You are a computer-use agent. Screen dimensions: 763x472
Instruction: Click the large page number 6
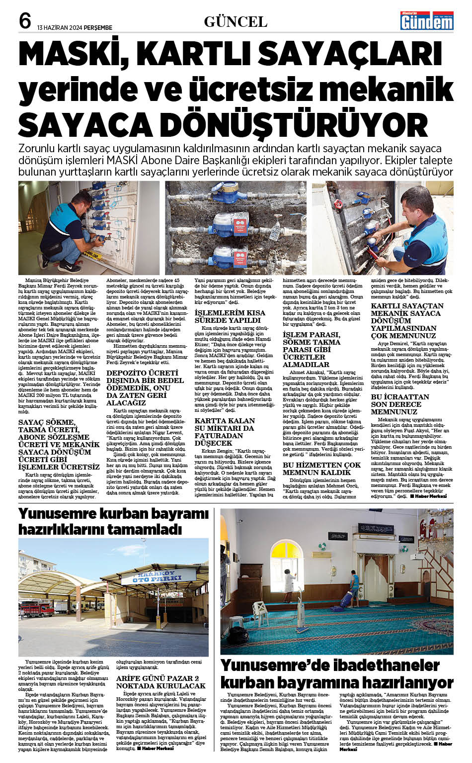pyautogui.click(x=25, y=20)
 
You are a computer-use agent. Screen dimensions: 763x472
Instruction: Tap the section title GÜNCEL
pyautogui.click(x=236, y=21)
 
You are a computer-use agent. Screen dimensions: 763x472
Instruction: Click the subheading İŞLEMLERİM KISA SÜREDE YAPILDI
pyautogui.click(x=230, y=316)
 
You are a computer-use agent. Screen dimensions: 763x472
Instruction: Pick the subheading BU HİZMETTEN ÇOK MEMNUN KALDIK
pyautogui.click(x=321, y=468)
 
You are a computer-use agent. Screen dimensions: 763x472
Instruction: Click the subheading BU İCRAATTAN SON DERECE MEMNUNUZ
pyautogui.click(x=400, y=404)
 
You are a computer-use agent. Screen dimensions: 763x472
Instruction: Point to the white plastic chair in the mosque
pyautogui.click(x=260, y=611)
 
